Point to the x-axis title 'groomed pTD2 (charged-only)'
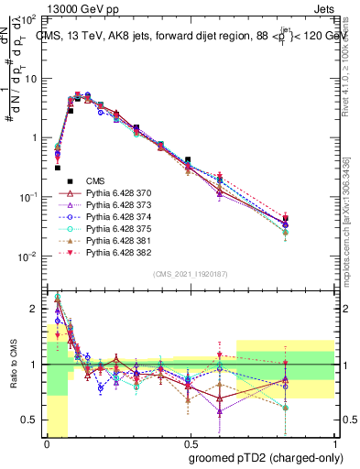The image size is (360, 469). (x=267, y=457)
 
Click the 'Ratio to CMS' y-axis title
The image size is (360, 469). (x=13, y=365)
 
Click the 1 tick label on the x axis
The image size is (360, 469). (x=334, y=444)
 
